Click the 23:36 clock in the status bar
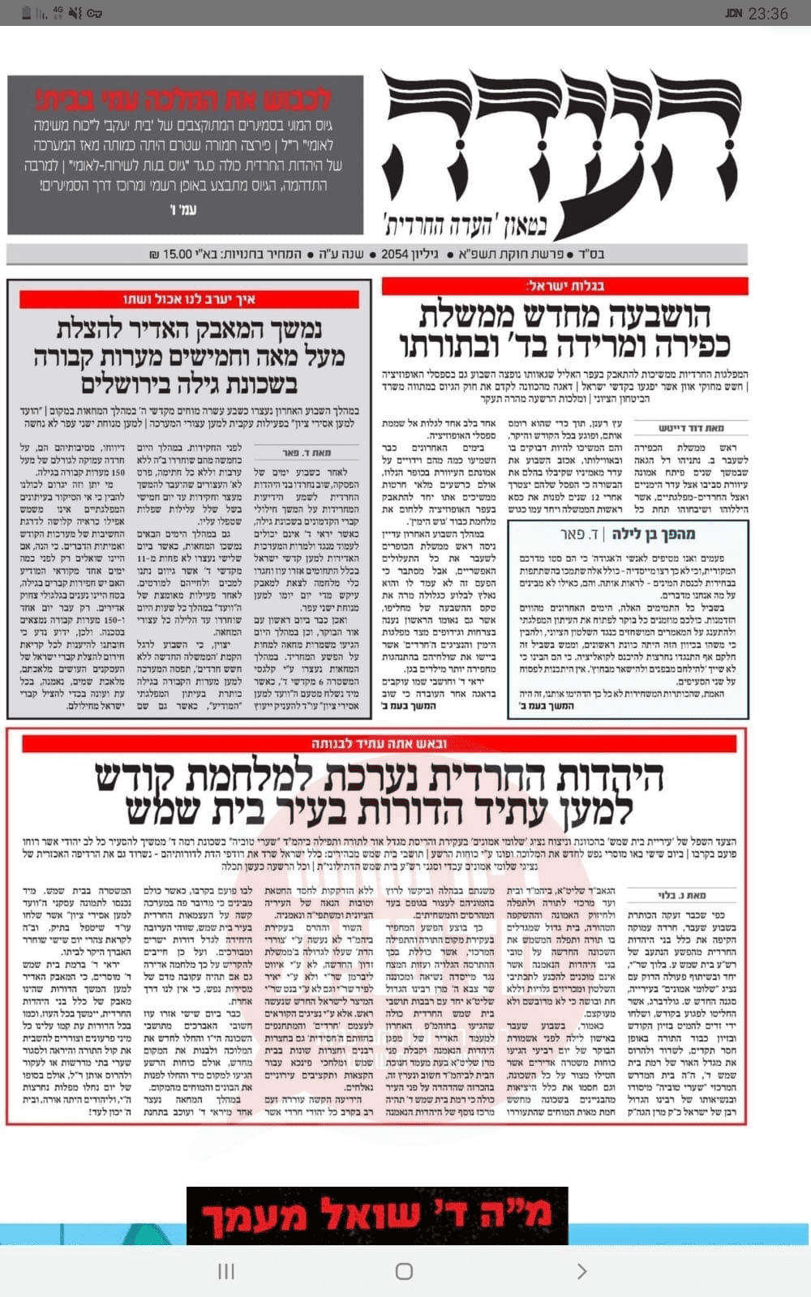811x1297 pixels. [x=767, y=13]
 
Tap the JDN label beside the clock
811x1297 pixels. [x=733, y=13]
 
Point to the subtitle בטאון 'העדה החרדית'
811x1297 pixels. [x=466, y=223]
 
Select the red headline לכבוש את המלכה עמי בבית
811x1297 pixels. [x=185, y=101]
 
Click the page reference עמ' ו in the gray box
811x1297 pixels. [x=183, y=210]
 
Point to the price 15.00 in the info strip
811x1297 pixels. [x=178, y=254]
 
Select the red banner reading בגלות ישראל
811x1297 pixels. [x=564, y=285]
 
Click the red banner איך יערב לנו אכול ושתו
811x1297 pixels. [x=189, y=299]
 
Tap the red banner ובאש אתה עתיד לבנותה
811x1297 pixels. [x=379, y=743]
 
